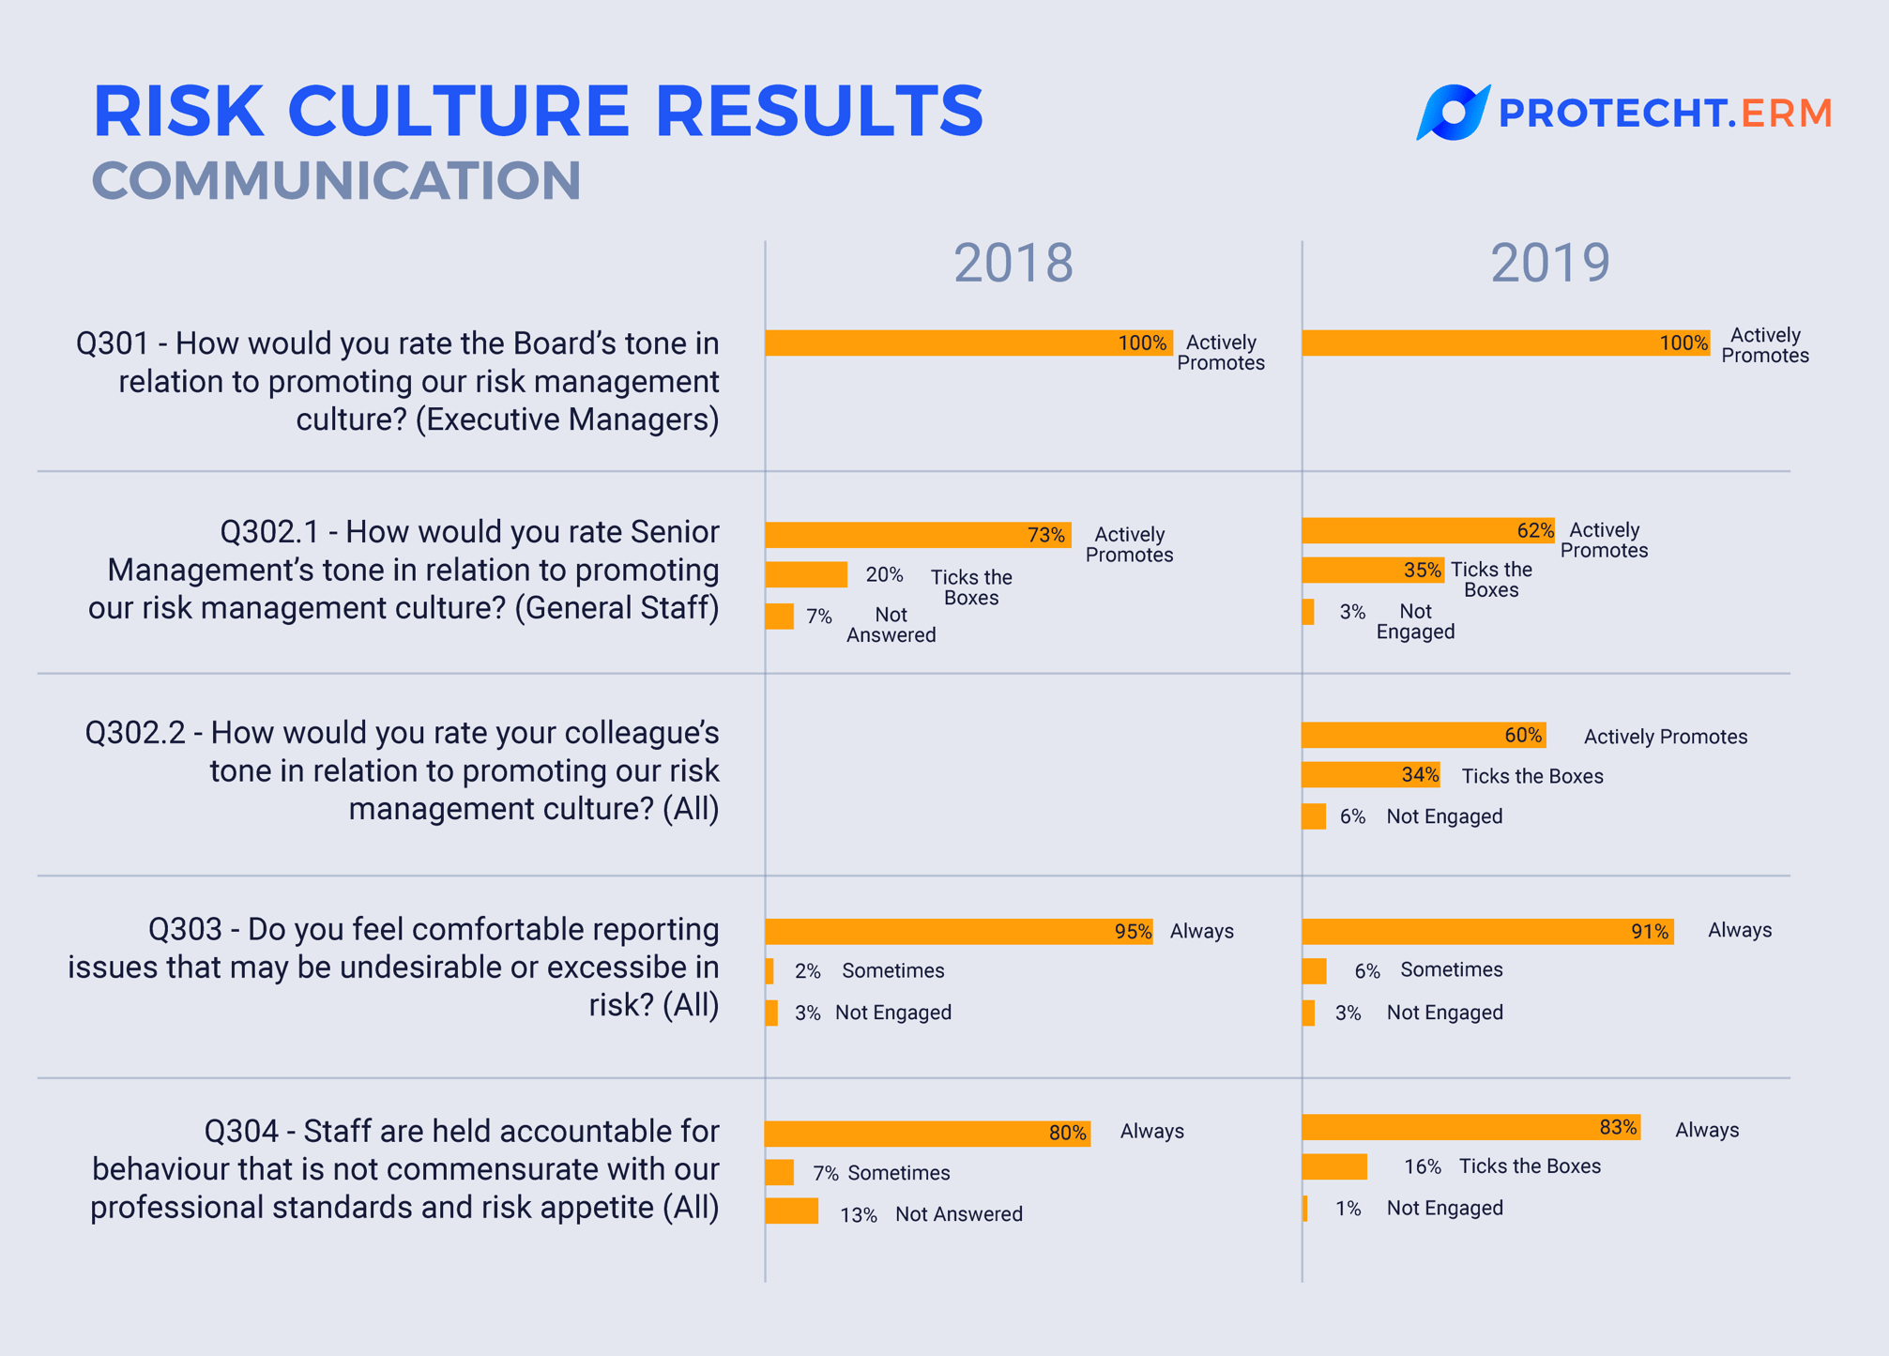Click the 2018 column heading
pyautogui.click(x=1013, y=263)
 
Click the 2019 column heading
pyautogui.click(x=1550, y=263)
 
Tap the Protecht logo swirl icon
pyautogui.click(x=1452, y=113)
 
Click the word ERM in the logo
pyautogui.click(x=1786, y=114)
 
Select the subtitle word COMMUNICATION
pyautogui.click(x=336, y=180)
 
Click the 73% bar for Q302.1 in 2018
pyautogui.click(x=917, y=535)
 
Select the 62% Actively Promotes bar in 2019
pyautogui.click(x=1427, y=530)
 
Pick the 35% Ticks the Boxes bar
pyautogui.click(x=1372, y=570)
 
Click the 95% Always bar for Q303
pyautogui.click(x=958, y=931)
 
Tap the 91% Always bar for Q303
pyautogui.click(x=1486, y=931)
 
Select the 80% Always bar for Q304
pyautogui.click(x=927, y=1133)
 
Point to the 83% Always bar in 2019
pyautogui.click(x=1470, y=1127)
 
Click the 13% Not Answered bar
pyautogui.click(x=791, y=1211)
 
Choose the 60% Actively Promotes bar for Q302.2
pyautogui.click(x=1423, y=735)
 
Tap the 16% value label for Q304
pyautogui.click(x=1422, y=1166)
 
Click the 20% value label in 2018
pyautogui.click(x=884, y=574)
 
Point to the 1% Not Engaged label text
pyautogui.click(x=1444, y=1208)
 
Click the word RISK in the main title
pyautogui.click(x=178, y=112)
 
